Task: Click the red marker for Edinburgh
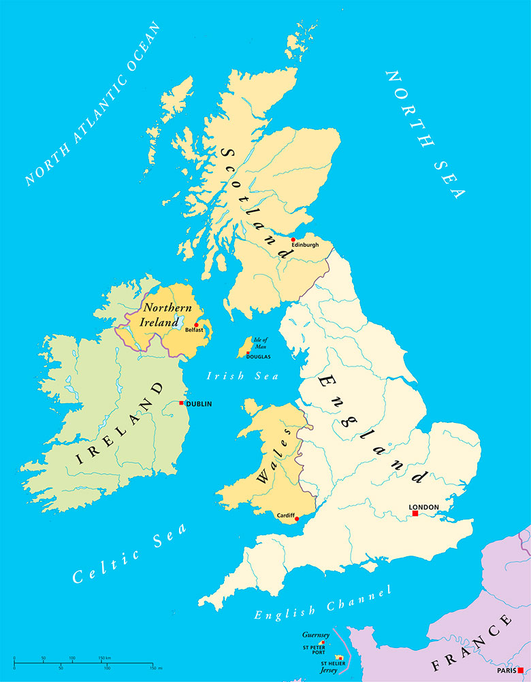(x=293, y=239)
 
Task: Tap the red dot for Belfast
(x=196, y=324)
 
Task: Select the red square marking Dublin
(x=181, y=403)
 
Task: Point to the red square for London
(x=414, y=513)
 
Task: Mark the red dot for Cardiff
(x=296, y=519)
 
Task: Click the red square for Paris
(x=521, y=670)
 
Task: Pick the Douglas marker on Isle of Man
(x=248, y=352)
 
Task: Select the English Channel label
(x=323, y=602)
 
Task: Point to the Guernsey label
(x=316, y=635)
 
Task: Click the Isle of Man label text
(x=260, y=343)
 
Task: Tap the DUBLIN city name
(x=199, y=404)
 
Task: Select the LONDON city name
(x=423, y=507)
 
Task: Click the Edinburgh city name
(x=305, y=245)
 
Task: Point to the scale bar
(x=84, y=660)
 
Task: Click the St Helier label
(x=333, y=662)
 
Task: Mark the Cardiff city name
(x=285, y=515)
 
